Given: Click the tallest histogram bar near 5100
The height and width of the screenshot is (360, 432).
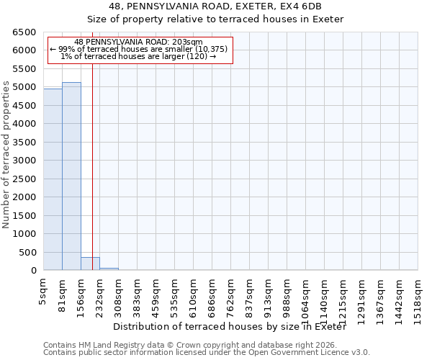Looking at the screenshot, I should coord(71,176).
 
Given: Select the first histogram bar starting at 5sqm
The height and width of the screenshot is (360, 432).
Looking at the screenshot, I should coord(53,180).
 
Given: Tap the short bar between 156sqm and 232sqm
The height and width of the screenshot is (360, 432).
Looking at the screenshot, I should coord(90,264).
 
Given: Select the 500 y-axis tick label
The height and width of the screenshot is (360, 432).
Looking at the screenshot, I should coord(27,253).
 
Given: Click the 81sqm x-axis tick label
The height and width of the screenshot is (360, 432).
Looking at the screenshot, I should coord(63,294).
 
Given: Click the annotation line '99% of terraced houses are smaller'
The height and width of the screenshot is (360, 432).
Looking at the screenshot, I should coord(140,49).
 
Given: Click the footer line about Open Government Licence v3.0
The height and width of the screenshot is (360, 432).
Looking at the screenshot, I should coord(206,353).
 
